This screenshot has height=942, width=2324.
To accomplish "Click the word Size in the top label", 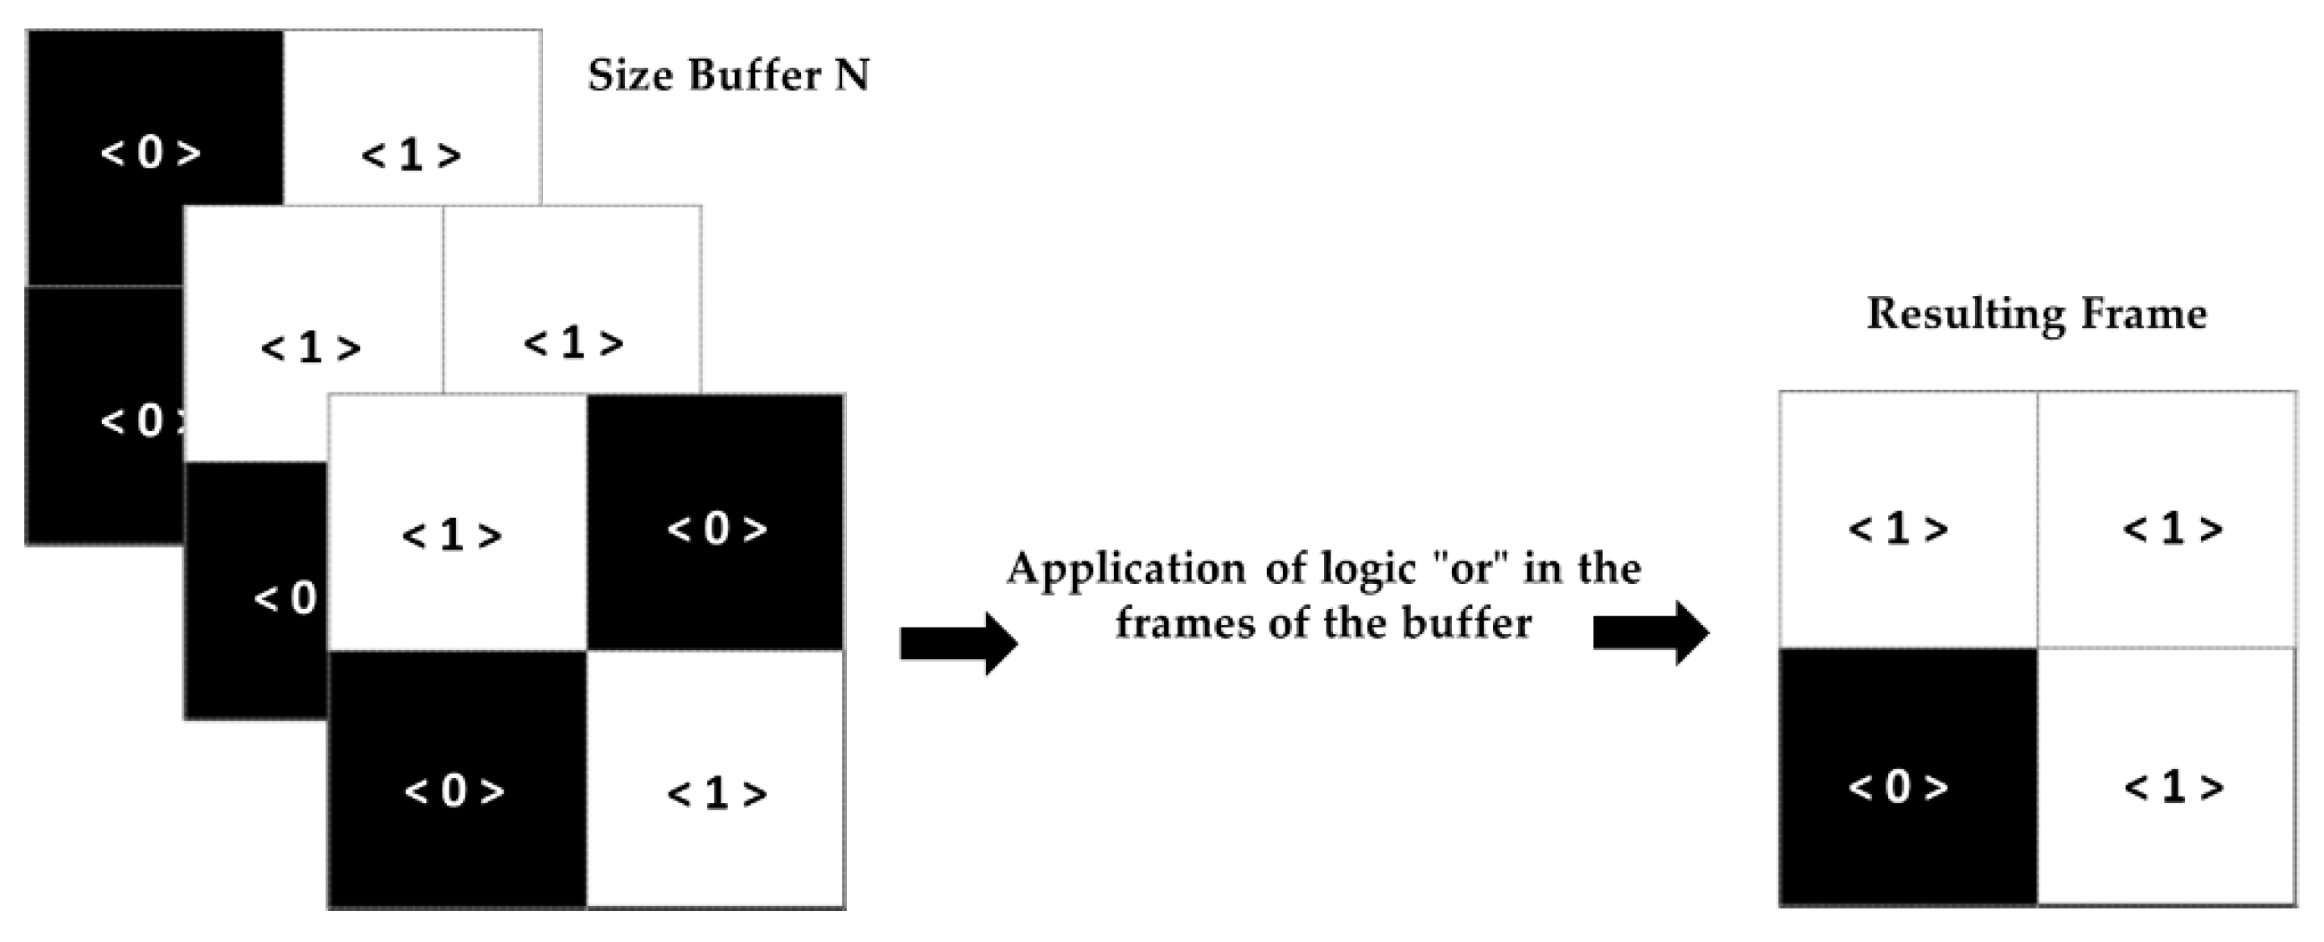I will (631, 76).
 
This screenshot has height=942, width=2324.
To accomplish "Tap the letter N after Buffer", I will (851, 76).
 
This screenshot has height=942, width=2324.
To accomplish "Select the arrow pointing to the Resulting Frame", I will (1650, 633).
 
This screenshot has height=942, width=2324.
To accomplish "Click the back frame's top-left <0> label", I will (151, 152).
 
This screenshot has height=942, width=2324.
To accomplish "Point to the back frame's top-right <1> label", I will (412, 156).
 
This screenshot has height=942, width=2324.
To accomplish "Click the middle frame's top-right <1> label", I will (573, 343).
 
